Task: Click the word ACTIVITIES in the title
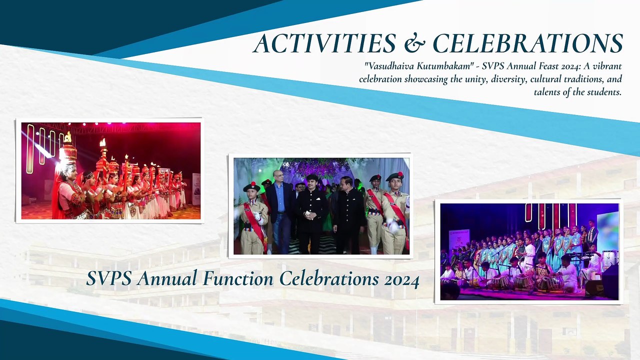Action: click(324, 43)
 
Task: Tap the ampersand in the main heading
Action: click(415, 43)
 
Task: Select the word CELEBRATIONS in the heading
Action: click(528, 43)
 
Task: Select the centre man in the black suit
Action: click(311, 214)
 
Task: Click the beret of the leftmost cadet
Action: click(251, 187)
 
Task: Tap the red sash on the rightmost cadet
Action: click(396, 214)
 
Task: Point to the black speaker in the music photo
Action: click(610, 281)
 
